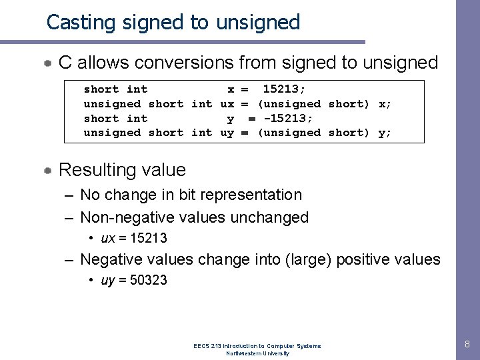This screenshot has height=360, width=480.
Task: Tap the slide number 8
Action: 467,344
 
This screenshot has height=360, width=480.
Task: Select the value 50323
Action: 148,281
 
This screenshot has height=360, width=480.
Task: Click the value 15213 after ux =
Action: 149,238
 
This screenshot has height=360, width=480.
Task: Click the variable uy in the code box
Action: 227,133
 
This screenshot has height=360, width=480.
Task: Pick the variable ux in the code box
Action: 227,104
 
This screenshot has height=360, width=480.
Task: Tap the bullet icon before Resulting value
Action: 48,171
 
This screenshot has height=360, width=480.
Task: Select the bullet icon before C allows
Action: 48,64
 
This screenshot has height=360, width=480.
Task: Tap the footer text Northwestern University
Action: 257,353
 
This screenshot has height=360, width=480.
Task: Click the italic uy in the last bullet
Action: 107,281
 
